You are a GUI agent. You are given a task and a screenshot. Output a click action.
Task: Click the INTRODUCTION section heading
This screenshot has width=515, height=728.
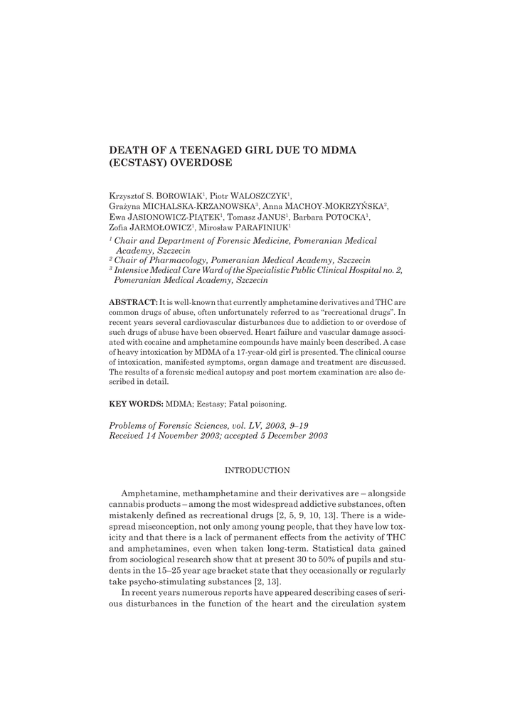tap(257, 471)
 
